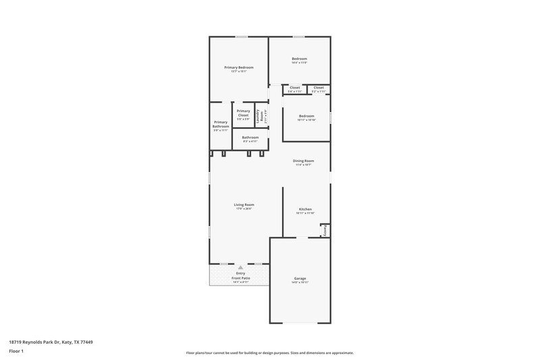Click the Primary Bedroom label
click(239, 68)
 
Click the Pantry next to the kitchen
click(325, 230)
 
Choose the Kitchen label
click(305, 209)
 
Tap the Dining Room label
click(303, 161)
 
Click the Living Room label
click(244, 205)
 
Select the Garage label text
click(300, 278)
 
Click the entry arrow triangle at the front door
click(240, 267)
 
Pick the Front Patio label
click(240, 278)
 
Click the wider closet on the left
click(295, 88)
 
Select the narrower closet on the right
click(319, 88)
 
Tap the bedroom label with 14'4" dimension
click(299, 59)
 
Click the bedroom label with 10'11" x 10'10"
click(306, 116)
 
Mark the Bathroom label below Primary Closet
click(250, 138)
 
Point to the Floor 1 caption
click(16, 352)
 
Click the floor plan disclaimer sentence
click(269, 353)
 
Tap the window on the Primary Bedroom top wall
click(240, 36)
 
